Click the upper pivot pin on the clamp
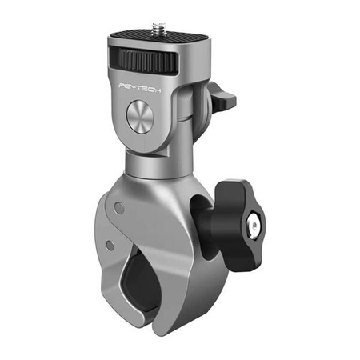[x=118, y=206]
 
